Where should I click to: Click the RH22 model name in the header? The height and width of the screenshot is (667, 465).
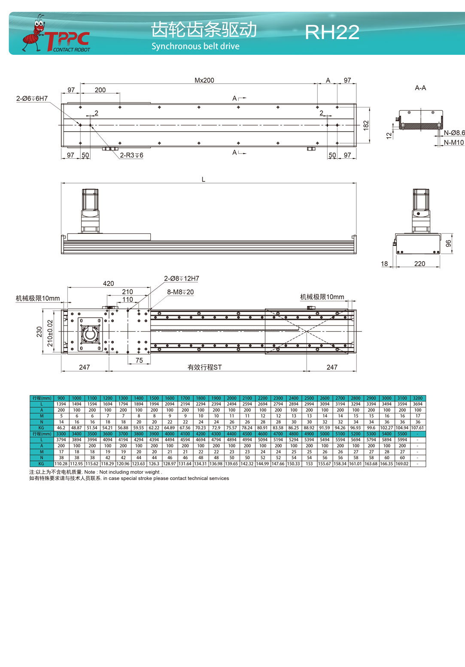[332, 32]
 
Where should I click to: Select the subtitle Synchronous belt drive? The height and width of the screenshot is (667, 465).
[195, 46]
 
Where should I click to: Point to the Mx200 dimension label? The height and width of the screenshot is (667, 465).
[204, 80]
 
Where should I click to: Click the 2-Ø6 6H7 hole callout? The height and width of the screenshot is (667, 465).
[32, 98]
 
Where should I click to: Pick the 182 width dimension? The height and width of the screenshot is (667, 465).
[366, 125]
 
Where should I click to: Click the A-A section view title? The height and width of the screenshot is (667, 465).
[420, 88]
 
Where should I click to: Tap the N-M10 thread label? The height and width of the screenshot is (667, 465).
[454, 143]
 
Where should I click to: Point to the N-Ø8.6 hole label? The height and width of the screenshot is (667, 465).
[454, 133]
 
